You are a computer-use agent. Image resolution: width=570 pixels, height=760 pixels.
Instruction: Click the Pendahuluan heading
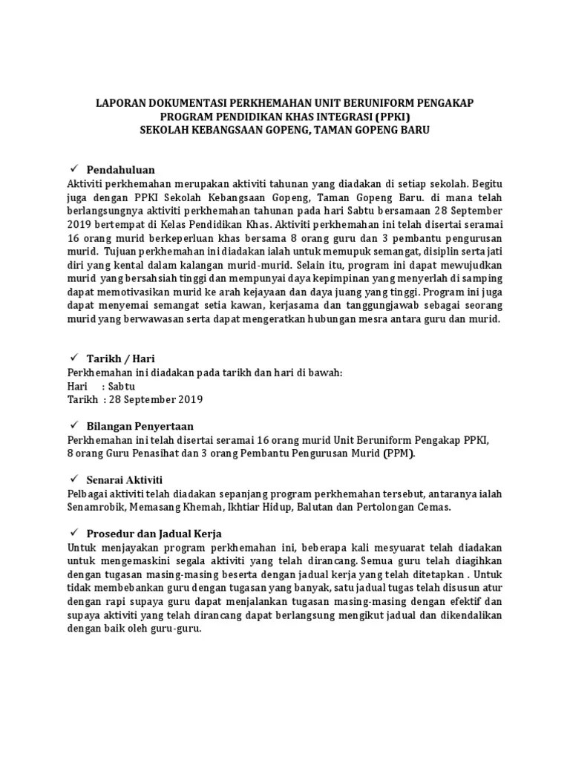[120, 170]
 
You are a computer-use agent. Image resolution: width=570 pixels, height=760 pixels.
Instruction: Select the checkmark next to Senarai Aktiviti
[73, 479]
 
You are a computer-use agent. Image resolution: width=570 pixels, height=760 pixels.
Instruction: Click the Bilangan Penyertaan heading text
[140, 426]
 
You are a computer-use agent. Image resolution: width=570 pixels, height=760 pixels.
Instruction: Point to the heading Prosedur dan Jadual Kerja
[154, 534]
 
